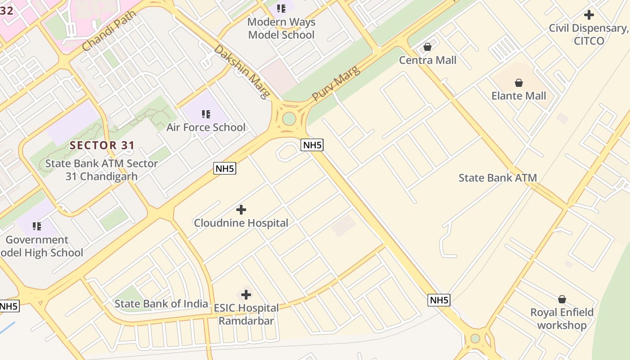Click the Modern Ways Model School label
point(281,28)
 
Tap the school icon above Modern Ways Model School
point(281,8)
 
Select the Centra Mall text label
point(428,60)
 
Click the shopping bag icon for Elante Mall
point(519,83)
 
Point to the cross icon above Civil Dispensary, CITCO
point(589,15)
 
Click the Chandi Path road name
point(109,31)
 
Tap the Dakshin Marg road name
point(242,71)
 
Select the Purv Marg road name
point(336,83)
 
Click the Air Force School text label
point(206,127)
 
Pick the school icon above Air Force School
point(206,114)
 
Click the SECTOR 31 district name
point(102,145)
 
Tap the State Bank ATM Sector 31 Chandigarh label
point(102,170)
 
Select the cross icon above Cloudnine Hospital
point(241,210)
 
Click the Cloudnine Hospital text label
point(241,223)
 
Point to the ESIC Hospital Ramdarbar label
point(246,314)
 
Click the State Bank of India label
point(161,304)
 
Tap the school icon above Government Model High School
point(37,226)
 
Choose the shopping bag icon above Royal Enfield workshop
point(562,299)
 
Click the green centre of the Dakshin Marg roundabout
point(289,119)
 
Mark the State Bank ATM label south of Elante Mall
point(498,178)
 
